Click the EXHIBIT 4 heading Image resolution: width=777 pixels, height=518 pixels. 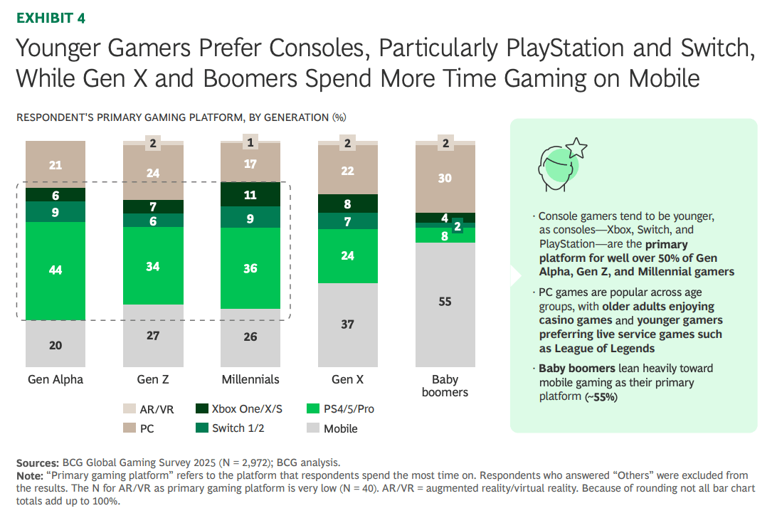pyautogui.click(x=51, y=18)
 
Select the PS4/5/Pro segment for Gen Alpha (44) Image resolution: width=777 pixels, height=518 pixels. pyautogui.click(x=55, y=270)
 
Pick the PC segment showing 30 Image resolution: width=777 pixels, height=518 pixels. pyautogui.click(x=445, y=179)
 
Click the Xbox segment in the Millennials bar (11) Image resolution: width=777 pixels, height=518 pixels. pyautogui.click(x=250, y=194)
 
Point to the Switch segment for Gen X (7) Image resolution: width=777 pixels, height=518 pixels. pyautogui.click(x=347, y=221)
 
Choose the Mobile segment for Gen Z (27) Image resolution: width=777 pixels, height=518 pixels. pyautogui.click(x=153, y=335)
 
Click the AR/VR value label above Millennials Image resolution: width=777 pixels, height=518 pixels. pyautogui.click(x=250, y=143)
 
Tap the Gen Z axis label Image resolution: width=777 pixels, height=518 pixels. pyautogui.click(x=153, y=379)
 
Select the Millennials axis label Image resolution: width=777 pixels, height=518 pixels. pyautogui.click(x=250, y=379)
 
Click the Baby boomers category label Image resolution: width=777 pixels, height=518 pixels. pyautogui.click(x=445, y=386)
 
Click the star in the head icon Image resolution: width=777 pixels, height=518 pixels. pyautogui.click(x=577, y=148)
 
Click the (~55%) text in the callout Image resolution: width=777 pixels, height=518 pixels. pyautogui.click(x=601, y=397)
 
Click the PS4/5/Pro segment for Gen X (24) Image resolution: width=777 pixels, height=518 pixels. pyautogui.click(x=347, y=256)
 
